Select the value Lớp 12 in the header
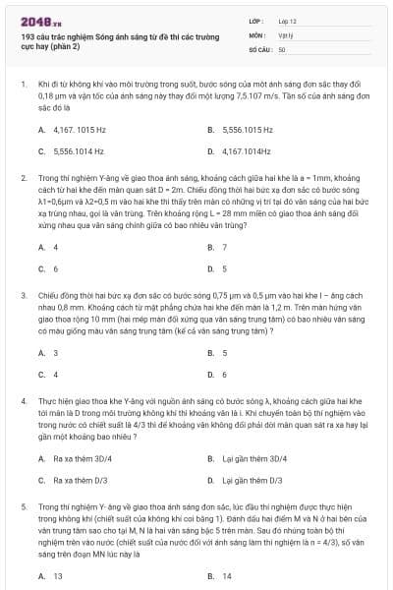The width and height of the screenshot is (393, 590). [x=288, y=20]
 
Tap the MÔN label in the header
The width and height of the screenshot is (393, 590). [x=257, y=33]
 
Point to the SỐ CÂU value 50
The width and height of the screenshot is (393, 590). [x=282, y=48]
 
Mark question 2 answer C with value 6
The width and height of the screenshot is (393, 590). [x=55, y=268]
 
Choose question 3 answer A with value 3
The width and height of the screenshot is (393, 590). [x=55, y=352]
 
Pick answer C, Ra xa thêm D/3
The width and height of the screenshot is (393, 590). [x=80, y=480]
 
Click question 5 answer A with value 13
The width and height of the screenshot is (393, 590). [x=57, y=575]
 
